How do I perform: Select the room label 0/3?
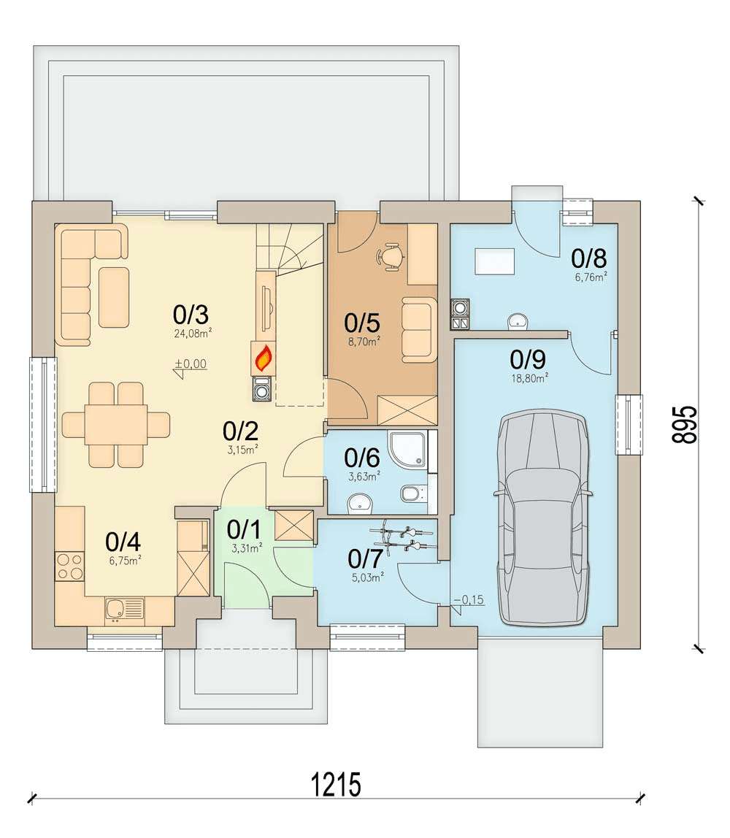point(191,315)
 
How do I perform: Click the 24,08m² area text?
point(193,333)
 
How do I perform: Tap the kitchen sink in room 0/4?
point(125,610)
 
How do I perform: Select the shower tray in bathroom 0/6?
point(409,450)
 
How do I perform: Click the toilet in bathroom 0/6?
point(414,493)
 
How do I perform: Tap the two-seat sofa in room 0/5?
point(418,329)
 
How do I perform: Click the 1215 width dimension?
point(336,785)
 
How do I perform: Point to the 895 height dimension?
point(685,425)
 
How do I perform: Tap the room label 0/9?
point(528,360)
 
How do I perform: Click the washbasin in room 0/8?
point(517,320)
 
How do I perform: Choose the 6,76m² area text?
point(591,277)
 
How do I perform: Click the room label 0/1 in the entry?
point(244,529)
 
